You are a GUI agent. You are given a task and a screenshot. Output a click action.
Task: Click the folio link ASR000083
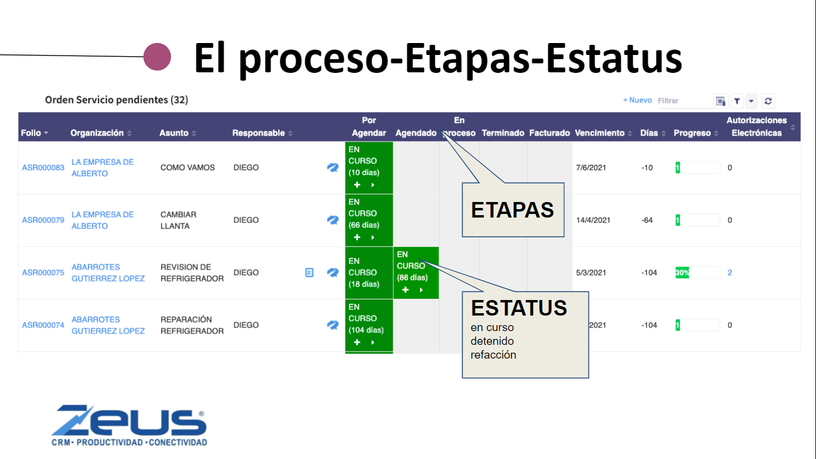pyautogui.click(x=43, y=168)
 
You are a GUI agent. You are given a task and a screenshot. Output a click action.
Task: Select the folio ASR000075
pyautogui.click(x=43, y=273)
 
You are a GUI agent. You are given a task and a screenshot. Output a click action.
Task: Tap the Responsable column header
pyautogui.click(x=259, y=133)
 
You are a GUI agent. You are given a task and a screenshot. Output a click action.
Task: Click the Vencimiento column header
pyautogui.click(x=600, y=133)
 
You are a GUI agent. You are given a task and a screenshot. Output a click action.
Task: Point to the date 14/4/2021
pyautogui.click(x=593, y=220)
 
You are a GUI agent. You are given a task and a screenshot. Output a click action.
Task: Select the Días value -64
pyautogui.click(x=647, y=220)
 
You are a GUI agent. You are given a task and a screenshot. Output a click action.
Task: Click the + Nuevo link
pyautogui.click(x=637, y=100)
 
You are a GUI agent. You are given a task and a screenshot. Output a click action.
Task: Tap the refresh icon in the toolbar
pyautogui.click(x=768, y=101)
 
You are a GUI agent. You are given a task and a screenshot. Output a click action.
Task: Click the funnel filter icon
pyautogui.click(x=737, y=101)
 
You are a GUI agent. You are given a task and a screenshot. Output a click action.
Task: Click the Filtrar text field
pyautogui.click(x=685, y=101)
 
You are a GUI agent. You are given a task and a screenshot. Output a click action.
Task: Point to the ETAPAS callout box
pyautogui.click(x=513, y=210)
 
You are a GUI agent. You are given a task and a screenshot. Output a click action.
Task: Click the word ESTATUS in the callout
pyautogui.click(x=519, y=308)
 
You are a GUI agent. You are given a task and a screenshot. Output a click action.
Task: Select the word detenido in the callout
pyautogui.click(x=492, y=341)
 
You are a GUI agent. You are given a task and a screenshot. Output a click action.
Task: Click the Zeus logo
pyautogui.click(x=129, y=425)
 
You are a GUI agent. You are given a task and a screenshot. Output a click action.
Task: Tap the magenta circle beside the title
pyautogui.click(x=157, y=57)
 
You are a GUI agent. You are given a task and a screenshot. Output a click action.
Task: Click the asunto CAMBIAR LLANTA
pyautogui.click(x=179, y=220)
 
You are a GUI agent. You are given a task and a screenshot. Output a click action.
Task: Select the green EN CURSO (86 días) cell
pyautogui.click(x=416, y=273)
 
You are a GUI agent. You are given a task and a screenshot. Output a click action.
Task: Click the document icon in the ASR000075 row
pyautogui.click(x=309, y=273)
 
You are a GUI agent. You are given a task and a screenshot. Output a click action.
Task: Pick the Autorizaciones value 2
pyautogui.click(x=729, y=273)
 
